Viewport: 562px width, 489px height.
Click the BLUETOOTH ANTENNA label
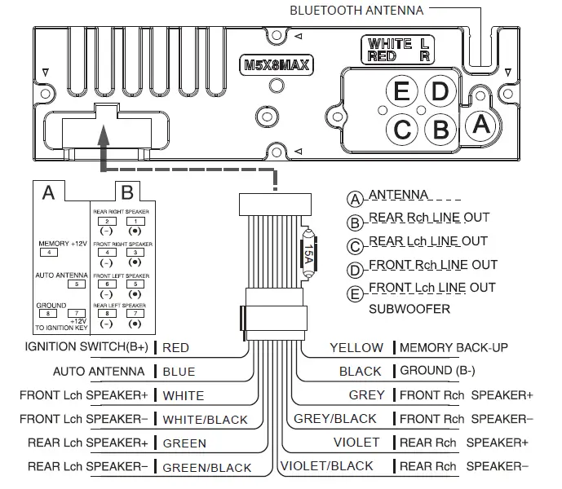tap(356, 11)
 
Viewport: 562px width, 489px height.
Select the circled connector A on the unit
tap(480, 125)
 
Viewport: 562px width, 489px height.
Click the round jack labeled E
tap(400, 91)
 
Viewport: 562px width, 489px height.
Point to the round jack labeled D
tap(440, 91)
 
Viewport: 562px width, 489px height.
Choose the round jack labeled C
tap(401, 129)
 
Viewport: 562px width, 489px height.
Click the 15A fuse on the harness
tap(308, 253)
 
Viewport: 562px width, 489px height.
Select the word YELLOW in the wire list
tap(356, 348)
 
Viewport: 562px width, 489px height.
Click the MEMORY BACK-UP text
tap(454, 348)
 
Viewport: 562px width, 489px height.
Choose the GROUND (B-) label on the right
tap(437, 371)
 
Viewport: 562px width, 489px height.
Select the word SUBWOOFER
tap(409, 310)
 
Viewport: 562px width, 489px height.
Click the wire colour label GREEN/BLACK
tap(207, 468)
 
